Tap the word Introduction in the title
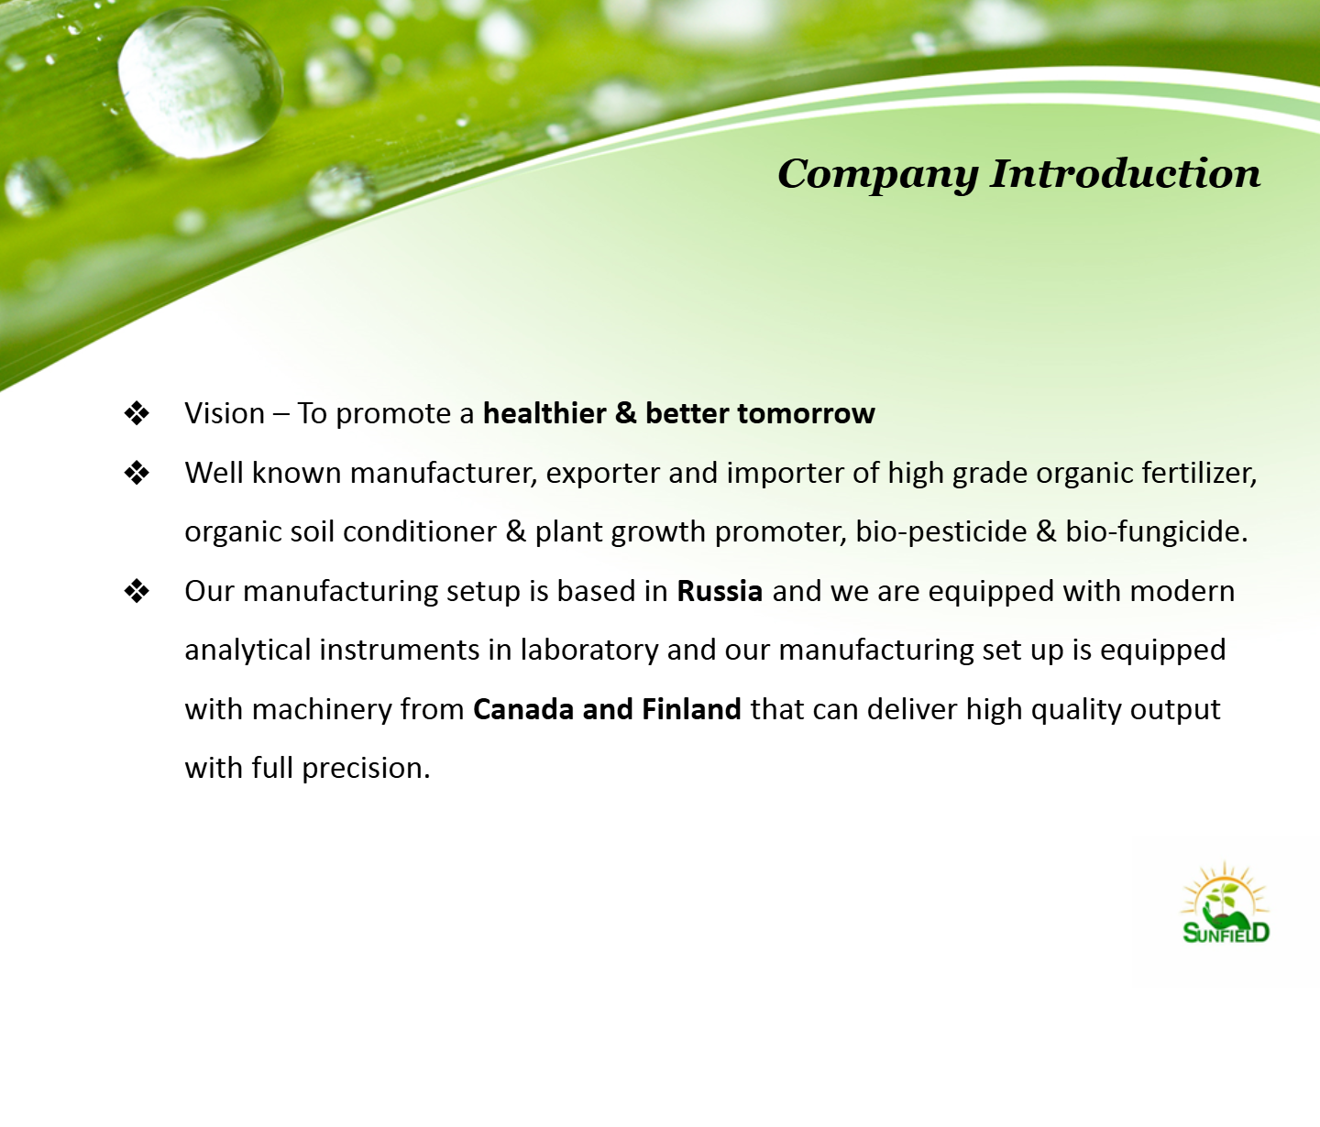click(1126, 173)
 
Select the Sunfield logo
click(1226, 903)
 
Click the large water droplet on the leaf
click(200, 83)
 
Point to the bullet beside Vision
click(137, 413)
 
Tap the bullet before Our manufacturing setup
click(137, 592)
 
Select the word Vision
click(225, 413)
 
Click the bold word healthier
click(544, 413)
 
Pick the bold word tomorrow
click(806, 414)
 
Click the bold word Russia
click(720, 592)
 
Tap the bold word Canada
click(523, 709)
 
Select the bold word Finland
click(691, 709)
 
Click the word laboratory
click(589, 651)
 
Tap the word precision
click(366, 769)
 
